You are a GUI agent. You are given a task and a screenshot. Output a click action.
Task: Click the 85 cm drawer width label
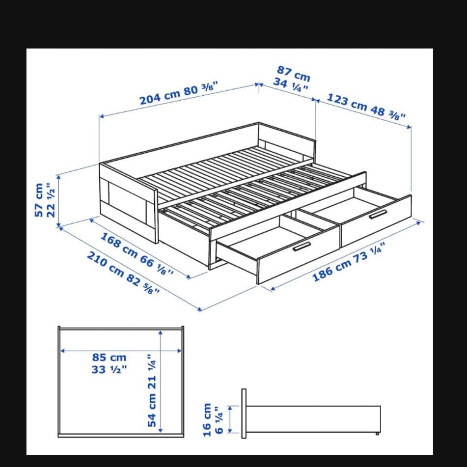(x=109, y=357)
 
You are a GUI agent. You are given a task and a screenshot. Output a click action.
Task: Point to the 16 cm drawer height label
(x=207, y=420)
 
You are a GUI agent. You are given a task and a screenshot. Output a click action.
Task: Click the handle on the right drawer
(x=378, y=215)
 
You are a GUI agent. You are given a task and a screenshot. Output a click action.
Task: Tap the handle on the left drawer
(x=302, y=247)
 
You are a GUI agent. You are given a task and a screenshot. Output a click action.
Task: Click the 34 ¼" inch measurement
(x=290, y=84)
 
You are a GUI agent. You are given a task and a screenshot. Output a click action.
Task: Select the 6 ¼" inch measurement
(x=219, y=420)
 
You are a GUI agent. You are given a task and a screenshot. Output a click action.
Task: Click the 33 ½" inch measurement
(x=109, y=370)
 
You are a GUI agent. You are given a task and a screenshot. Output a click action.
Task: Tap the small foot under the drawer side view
(x=377, y=434)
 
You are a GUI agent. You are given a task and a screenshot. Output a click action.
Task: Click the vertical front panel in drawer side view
(x=244, y=413)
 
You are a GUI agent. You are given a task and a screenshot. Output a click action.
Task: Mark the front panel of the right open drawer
(x=376, y=221)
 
